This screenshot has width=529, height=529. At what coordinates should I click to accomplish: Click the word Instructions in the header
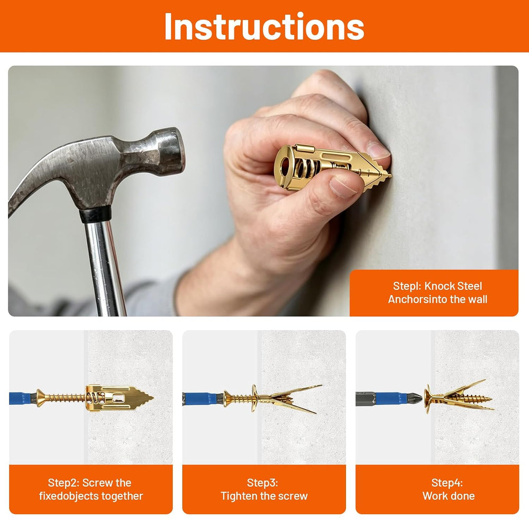(x=264, y=26)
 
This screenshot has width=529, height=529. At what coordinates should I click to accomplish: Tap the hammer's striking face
(x=178, y=150)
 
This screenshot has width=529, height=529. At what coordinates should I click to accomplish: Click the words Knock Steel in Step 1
(x=453, y=286)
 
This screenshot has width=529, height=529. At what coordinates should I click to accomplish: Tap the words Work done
(x=449, y=496)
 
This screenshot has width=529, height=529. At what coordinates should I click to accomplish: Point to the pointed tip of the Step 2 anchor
(x=152, y=398)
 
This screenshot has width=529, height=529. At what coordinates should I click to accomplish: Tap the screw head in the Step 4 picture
(x=428, y=398)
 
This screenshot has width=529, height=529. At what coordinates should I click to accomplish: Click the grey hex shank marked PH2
(x=366, y=398)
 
